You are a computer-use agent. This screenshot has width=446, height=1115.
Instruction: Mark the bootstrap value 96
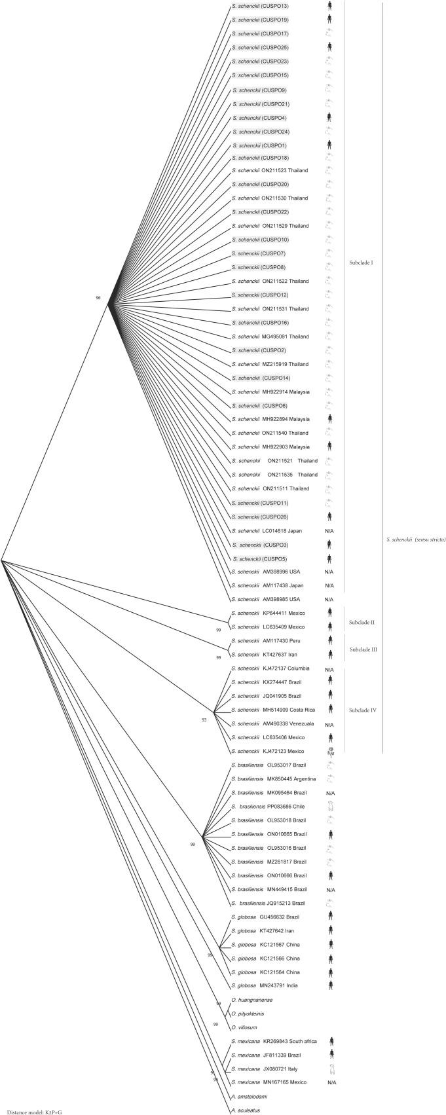tap(98, 298)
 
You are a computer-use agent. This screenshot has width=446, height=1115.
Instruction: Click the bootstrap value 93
tap(204, 720)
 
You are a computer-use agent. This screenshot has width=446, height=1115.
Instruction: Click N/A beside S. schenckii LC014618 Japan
tap(329, 530)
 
